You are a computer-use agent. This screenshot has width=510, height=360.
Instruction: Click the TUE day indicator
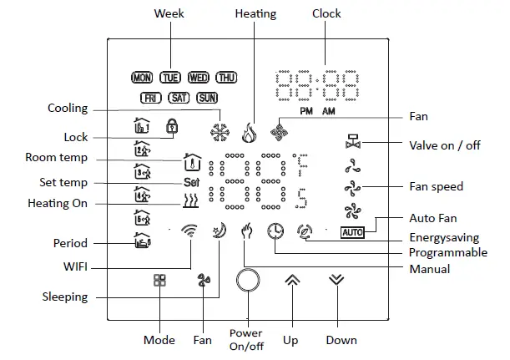(x=170, y=78)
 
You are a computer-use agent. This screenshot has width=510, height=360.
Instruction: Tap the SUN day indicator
(x=206, y=98)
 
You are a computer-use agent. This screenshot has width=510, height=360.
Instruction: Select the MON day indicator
(x=142, y=78)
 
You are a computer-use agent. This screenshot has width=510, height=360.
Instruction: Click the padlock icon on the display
(x=172, y=127)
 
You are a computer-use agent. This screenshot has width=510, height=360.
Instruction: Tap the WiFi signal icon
(x=192, y=232)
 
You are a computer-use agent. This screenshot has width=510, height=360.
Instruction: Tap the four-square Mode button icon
(x=159, y=281)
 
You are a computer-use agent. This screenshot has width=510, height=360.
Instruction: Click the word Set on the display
(x=192, y=182)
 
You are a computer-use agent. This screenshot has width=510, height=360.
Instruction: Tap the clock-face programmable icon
(x=275, y=231)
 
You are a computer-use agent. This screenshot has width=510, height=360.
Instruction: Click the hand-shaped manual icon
(x=246, y=231)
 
